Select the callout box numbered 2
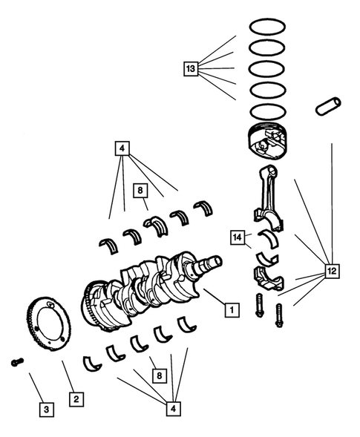click(x=75, y=399)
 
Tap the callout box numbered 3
click(x=47, y=409)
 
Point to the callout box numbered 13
click(x=192, y=69)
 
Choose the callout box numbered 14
click(x=237, y=237)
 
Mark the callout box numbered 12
click(x=332, y=272)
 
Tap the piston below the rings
click(x=267, y=142)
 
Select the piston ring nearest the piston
click(x=267, y=114)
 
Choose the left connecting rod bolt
click(x=260, y=305)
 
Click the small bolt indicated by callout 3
click(x=16, y=362)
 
